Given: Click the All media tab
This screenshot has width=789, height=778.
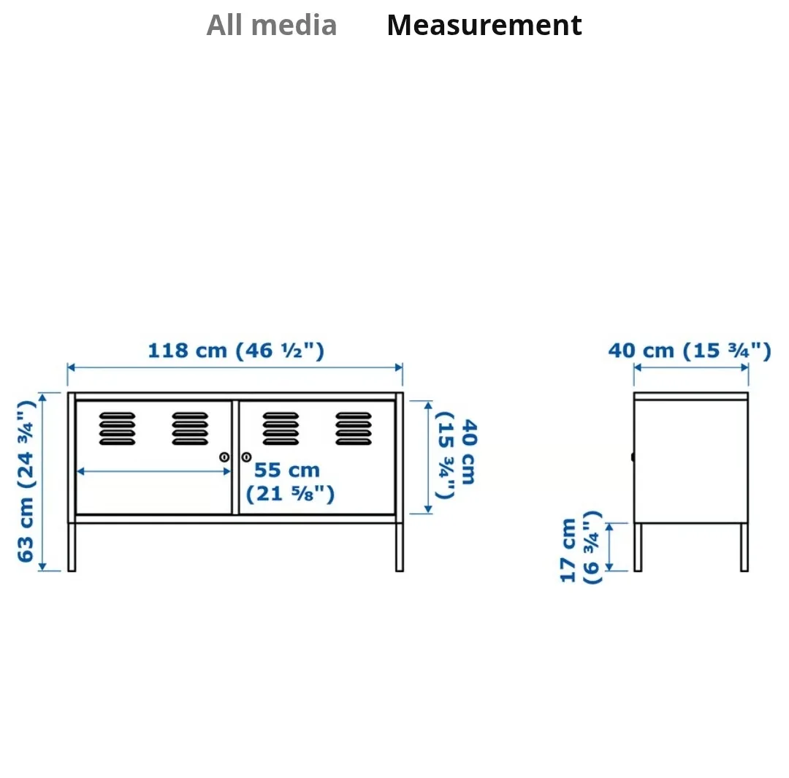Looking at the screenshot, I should pos(272,26).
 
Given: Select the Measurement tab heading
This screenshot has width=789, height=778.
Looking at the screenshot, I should pos(484,26).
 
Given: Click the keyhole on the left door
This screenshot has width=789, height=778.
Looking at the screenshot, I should pos(224,457).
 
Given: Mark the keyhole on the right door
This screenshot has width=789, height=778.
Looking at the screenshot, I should pos(246,457).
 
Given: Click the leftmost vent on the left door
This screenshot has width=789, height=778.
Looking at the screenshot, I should pos(117,429).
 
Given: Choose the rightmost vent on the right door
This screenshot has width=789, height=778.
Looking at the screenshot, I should pos(354,429).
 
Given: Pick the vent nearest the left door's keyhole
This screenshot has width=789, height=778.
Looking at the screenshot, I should pos(190,429).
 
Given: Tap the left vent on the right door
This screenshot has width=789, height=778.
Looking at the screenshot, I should pos(281,429).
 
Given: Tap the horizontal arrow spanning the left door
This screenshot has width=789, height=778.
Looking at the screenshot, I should pos(153,472).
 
